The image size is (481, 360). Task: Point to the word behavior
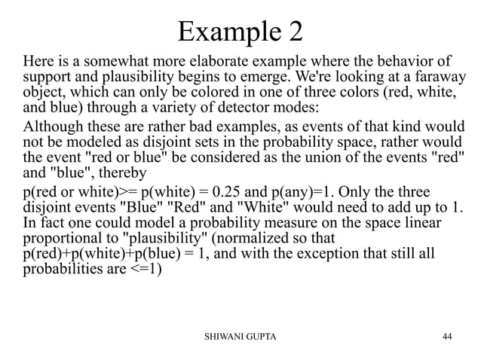(408, 59)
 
